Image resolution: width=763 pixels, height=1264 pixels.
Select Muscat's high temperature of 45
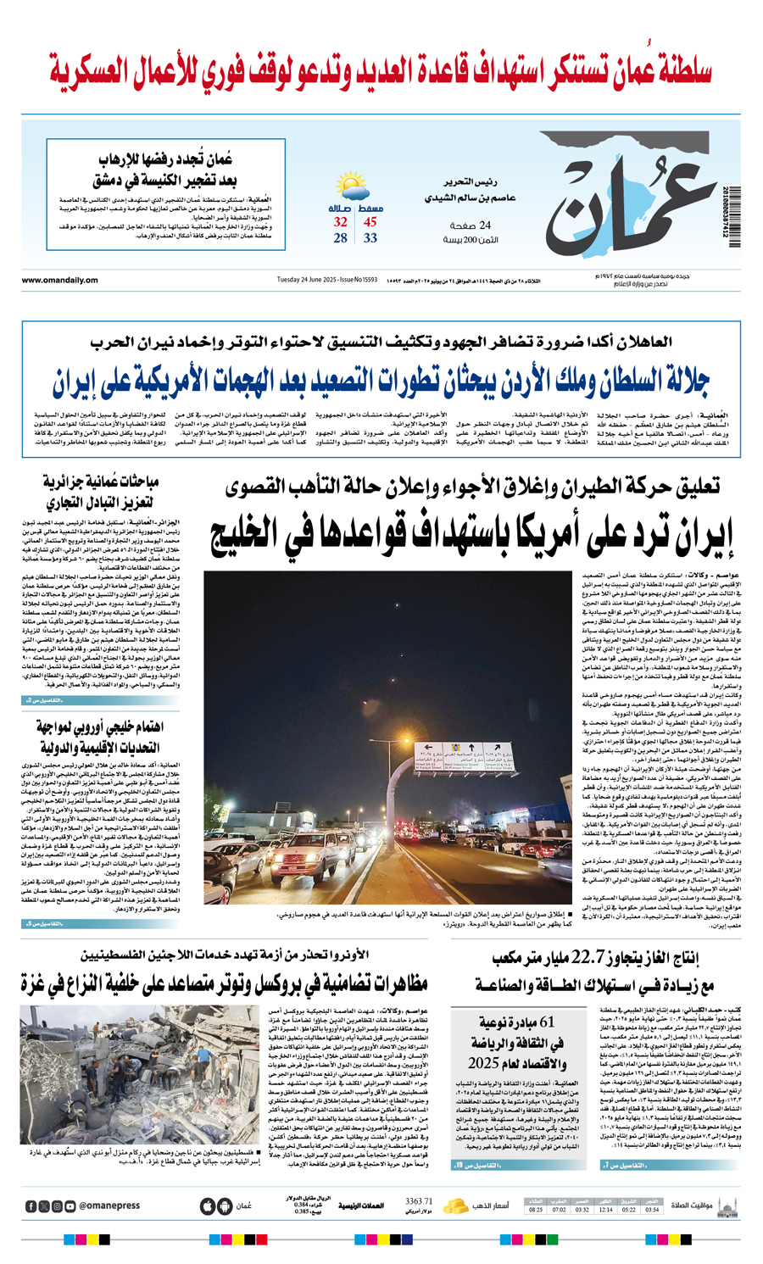(x=370, y=222)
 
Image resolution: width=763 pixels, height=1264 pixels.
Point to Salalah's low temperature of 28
(x=340, y=238)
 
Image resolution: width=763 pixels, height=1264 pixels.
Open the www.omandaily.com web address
(x=60, y=281)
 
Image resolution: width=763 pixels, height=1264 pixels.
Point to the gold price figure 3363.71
(x=419, y=1201)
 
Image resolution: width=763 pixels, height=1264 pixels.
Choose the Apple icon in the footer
(x=207, y=1206)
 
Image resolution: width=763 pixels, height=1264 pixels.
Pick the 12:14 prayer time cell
(x=605, y=1210)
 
